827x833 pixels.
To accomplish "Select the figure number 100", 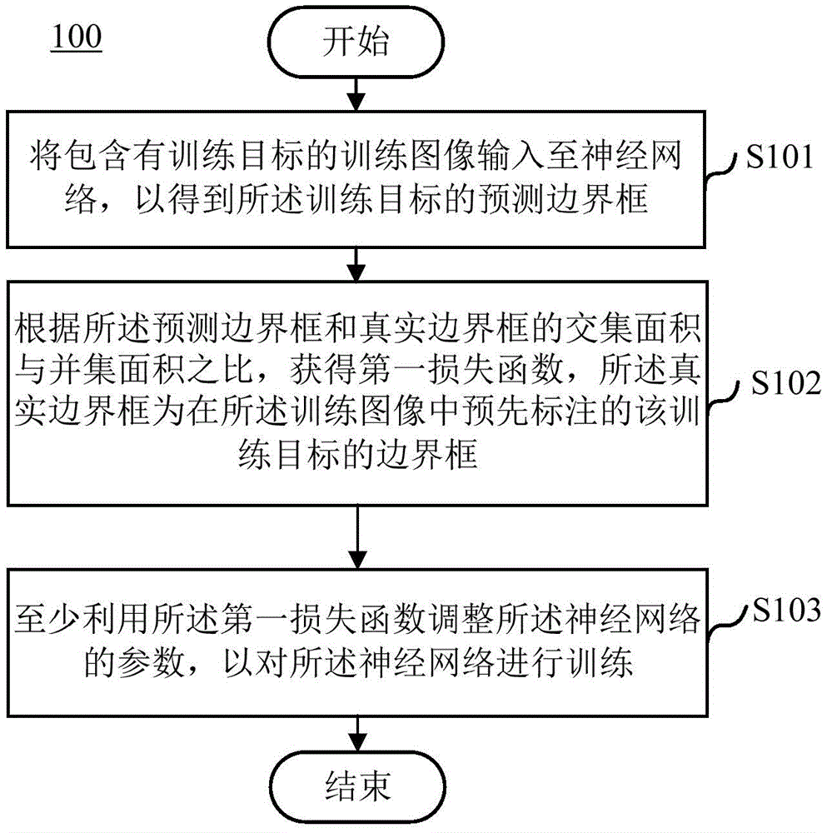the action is [77, 37].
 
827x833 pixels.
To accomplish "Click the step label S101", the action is [780, 157].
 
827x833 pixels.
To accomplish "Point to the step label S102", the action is [786, 382].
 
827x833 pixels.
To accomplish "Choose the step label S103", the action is [787, 610].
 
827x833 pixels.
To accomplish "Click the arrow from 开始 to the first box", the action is [356, 94].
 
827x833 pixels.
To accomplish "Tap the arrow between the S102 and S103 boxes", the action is [357, 537].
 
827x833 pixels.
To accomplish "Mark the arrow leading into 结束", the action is [357, 734].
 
